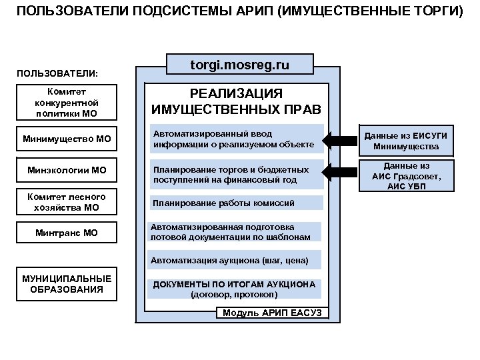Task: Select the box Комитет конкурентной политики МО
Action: click(67, 102)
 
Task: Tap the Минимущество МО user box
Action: click(67, 139)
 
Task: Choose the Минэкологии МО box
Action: click(67, 170)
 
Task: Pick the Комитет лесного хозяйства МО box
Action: click(67, 202)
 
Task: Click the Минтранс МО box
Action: click(67, 233)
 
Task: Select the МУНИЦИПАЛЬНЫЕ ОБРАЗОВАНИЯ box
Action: click(67, 284)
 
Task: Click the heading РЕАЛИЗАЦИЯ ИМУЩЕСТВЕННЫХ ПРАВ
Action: click(236, 101)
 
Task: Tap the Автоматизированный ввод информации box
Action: click(237, 139)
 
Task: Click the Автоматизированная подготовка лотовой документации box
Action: click(235, 231)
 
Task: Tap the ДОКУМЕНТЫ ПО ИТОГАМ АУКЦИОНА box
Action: click(234, 289)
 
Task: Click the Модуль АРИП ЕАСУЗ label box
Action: click(271, 313)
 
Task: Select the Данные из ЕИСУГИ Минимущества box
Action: click(406, 141)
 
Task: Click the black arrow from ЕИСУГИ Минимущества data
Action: click(340, 141)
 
